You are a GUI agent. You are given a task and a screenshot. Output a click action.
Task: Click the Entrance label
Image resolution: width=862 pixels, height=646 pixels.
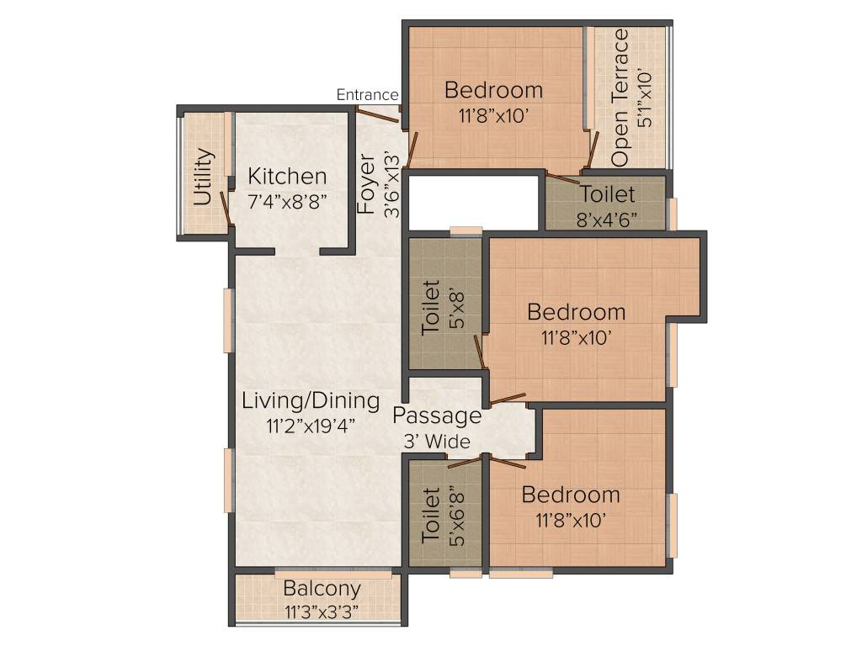tap(367, 95)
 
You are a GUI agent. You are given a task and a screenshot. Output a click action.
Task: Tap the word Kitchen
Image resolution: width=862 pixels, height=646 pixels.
tap(287, 177)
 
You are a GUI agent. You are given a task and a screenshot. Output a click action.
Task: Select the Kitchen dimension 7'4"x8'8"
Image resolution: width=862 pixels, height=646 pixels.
tap(287, 201)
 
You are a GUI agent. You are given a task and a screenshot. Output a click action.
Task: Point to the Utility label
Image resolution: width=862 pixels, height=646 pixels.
tap(202, 177)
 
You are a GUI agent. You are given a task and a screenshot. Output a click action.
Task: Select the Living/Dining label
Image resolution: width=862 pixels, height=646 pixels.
tap(311, 400)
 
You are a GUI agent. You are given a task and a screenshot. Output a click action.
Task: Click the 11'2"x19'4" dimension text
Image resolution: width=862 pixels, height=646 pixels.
tap(311, 425)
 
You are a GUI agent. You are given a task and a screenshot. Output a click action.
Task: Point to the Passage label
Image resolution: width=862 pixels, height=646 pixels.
tap(437, 416)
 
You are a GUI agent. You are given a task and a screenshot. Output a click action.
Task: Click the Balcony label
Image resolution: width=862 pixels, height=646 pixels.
tap(322, 589)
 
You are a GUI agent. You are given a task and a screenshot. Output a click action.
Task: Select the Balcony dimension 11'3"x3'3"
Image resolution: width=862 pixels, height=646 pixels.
tap(322, 611)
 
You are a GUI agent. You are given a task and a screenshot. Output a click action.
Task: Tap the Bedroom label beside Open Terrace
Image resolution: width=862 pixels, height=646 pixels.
tap(494, 89)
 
